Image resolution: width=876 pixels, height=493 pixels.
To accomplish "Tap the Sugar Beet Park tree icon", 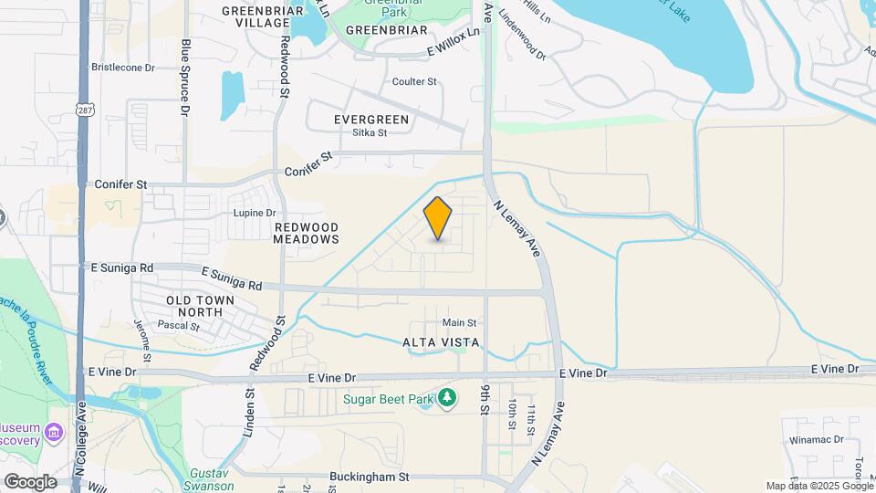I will pyautogui.click(x=446, y=397).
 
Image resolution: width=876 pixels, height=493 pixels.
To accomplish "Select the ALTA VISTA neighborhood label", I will pyautogui.click(x=434, y=342).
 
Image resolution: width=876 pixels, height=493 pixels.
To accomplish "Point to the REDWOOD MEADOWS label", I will pyautogui.click(x=306, y=233).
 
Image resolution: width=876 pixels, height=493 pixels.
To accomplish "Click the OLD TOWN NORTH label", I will pyautogui.click(x=200, y=306).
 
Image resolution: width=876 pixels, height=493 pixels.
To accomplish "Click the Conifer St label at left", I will pyautogui.click(x=120, y=184).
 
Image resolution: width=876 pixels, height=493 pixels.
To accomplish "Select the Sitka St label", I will pyautogui.click(x=370, y=132).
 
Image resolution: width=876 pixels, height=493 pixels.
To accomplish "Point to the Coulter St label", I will pyautogui.click(x=414, y=82).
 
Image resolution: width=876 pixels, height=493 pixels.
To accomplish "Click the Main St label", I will pyautogui.click(x=459, y=322).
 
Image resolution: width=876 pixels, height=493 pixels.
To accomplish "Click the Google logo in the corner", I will pyautogui.click(x=30, y=481).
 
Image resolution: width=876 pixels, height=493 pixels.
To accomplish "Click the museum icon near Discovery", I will pyautogui.click(x=54, y=430).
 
